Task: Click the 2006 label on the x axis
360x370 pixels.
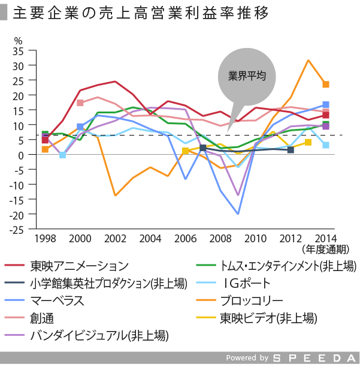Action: pyautogui.click(x=185, y=238)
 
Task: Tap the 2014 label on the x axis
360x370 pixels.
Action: pyautogui.click(x=325, y=238)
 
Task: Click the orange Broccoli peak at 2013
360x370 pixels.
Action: pyautogui.click(x=308, y=60)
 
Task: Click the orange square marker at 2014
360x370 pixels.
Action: pyautogui.click(x=325, y=85)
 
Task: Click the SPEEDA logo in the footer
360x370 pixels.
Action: pyautogui.click(x=315, y=358)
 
